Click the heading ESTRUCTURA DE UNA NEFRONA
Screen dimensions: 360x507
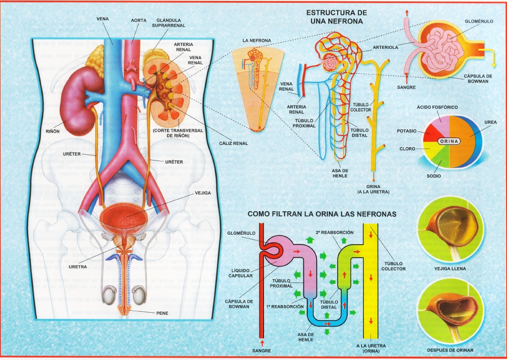(336, 17)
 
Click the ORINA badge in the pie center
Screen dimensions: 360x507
(450, 141)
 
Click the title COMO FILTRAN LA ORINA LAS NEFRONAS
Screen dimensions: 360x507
(322, 214)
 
